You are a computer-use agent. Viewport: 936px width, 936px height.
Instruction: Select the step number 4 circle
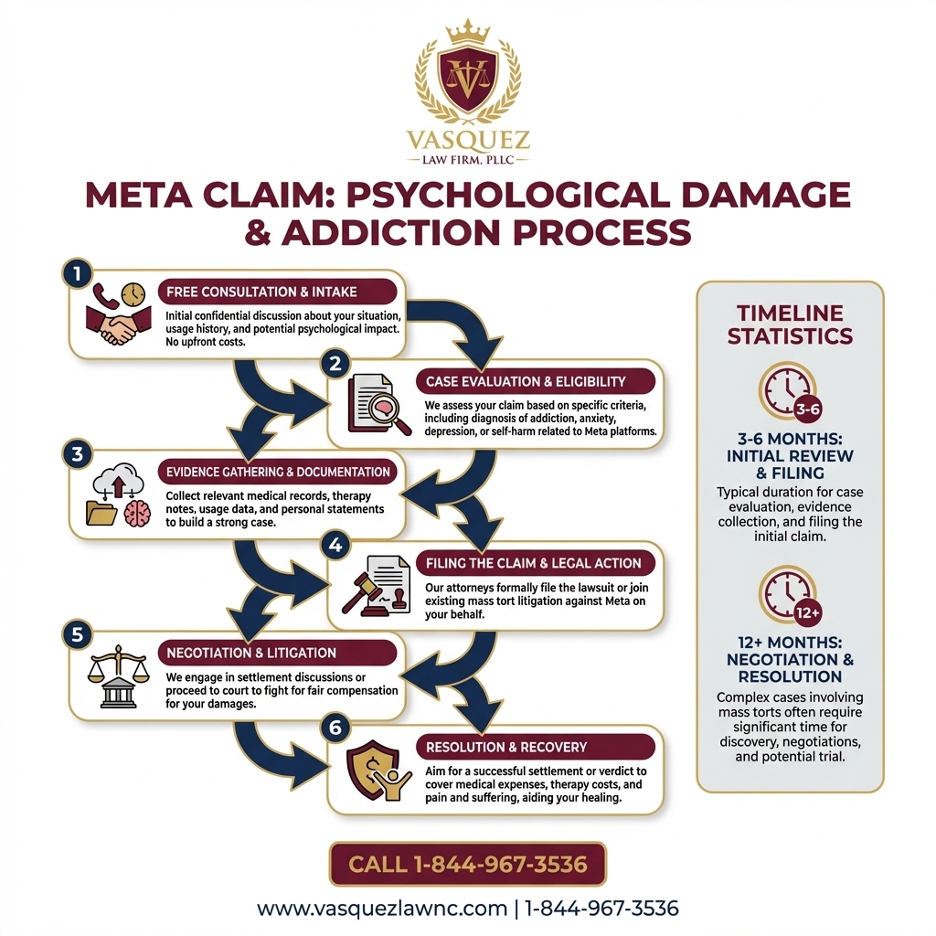[335, 545]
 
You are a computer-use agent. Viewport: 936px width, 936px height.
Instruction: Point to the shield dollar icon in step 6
[376, 771]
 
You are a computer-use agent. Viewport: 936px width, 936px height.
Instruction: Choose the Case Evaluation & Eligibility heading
[526, 381]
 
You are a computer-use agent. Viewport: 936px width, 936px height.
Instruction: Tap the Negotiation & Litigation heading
[251, 653]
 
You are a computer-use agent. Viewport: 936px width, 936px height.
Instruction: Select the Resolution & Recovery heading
[506, 747]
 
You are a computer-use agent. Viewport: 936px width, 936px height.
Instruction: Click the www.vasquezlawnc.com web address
[382, 909]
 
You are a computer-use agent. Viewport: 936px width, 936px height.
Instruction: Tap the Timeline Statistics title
[790, 323]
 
